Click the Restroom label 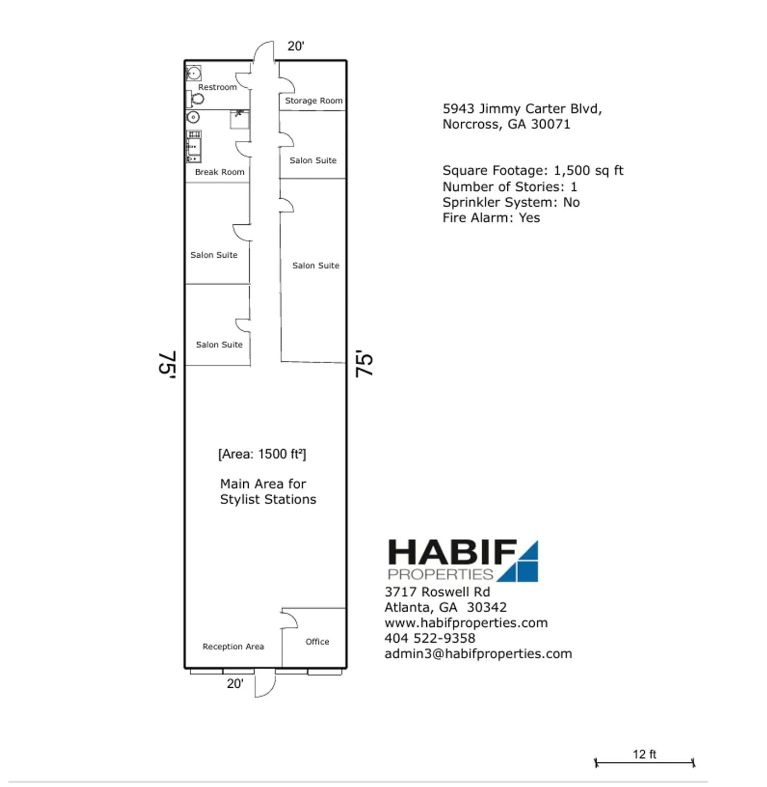point(217,87)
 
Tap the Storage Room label point(313,101)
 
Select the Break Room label point(219,172)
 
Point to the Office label point(317,642)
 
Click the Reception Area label point(233,647)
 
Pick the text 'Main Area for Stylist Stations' point(268,492)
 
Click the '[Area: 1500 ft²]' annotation point(262,454)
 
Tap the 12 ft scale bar point(644,762)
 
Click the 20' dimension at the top point(296,46)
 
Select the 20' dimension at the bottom point(235,684)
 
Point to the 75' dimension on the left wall point(167,363)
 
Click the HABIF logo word point(451,553)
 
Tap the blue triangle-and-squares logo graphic point(520,562)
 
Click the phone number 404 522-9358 point(430,638)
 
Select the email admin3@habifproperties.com point(478,654)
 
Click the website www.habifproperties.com point(466,623)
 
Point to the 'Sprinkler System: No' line point(511,202)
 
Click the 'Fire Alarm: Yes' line point(491,218)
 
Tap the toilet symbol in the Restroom point(196,99)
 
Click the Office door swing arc point(290,619)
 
